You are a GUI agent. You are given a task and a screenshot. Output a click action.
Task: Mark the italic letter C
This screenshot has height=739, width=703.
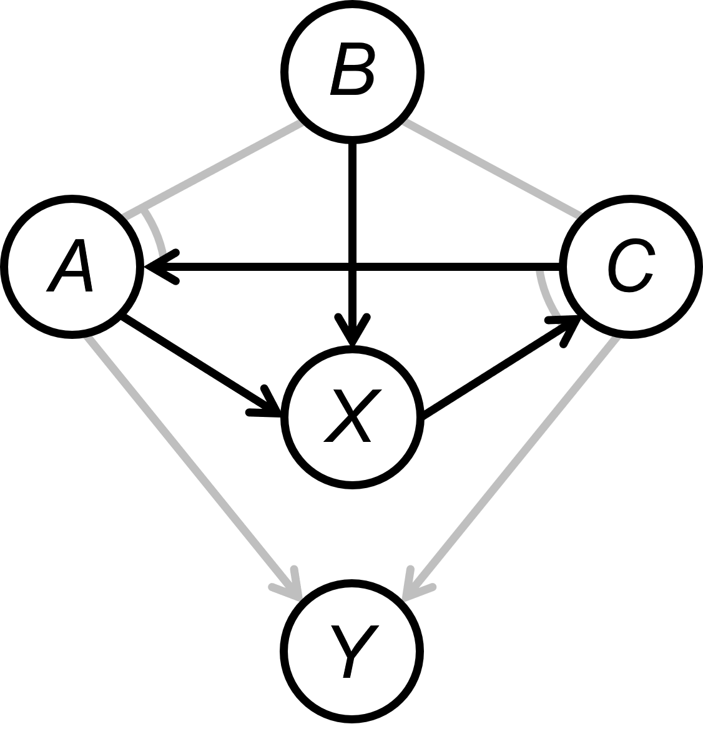pyautogui.click(x=631, y=267)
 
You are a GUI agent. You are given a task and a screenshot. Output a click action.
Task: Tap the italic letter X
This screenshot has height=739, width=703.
pyautogui.click(x=352, y=416)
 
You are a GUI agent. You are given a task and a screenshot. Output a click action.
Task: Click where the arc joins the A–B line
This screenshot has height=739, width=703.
pyautogui.click(x=142, y=211)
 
